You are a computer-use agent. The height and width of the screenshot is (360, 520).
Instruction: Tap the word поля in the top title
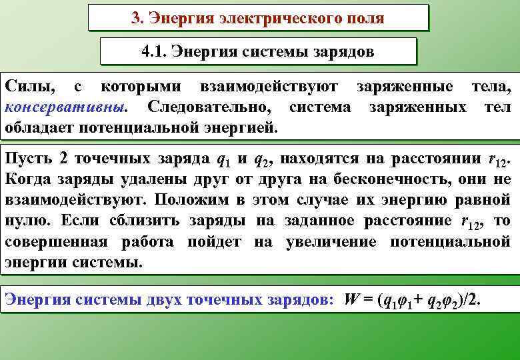pyautogui.click(x=363, y=18)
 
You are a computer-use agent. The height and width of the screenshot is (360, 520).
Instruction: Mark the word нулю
pyautogui.click(x=25, y=220)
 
